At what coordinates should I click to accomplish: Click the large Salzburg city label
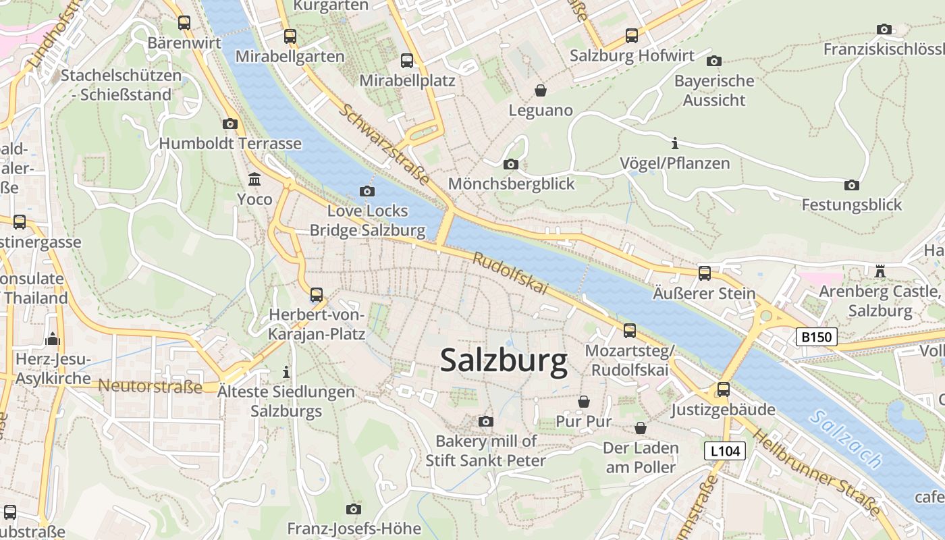(x=504, y=361)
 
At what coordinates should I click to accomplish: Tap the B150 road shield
(x=816, y=337)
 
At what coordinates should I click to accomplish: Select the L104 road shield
(x=724, y=451)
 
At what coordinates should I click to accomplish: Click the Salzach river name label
(x=846, y=439)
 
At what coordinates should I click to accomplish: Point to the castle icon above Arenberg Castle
(x=880, y=271)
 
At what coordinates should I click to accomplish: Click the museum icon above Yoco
(x=254, y=180)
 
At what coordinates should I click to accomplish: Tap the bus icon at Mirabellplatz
(x=407, y=61)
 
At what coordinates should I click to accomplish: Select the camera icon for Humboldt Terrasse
(x=230, y=124)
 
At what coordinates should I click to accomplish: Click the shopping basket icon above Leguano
(x=540, y=90)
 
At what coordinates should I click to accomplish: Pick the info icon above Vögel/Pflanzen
(x=674, y=143)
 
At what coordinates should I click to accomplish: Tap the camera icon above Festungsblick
(x=852, y=185)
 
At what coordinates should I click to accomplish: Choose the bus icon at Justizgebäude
(x=724, y=389)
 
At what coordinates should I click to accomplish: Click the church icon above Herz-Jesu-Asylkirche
(x=53, y=339)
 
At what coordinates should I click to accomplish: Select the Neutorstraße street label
(x=150, y=387)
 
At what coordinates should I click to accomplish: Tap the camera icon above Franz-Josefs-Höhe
(x=354, y=509)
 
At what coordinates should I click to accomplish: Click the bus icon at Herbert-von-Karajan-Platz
(x=316, y=295)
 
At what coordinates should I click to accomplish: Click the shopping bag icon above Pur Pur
(x=583, y=402)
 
